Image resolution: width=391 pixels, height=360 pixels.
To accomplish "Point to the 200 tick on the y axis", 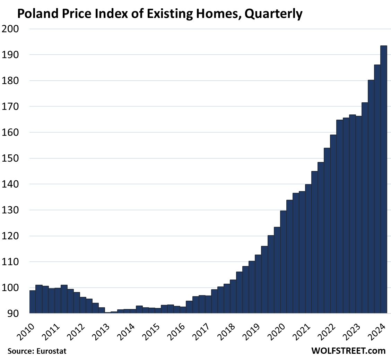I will [11, 29].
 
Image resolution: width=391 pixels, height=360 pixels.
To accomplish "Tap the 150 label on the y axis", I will [11, 158].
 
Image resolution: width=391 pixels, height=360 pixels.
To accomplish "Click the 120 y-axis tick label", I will [11, 236].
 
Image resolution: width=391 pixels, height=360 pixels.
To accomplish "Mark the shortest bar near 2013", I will [108, 312].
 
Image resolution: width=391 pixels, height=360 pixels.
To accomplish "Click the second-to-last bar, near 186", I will [377, 189].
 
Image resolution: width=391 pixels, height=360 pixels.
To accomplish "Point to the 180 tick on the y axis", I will [11, 81].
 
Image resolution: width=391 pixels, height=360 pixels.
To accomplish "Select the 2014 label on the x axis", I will [127, 328].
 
